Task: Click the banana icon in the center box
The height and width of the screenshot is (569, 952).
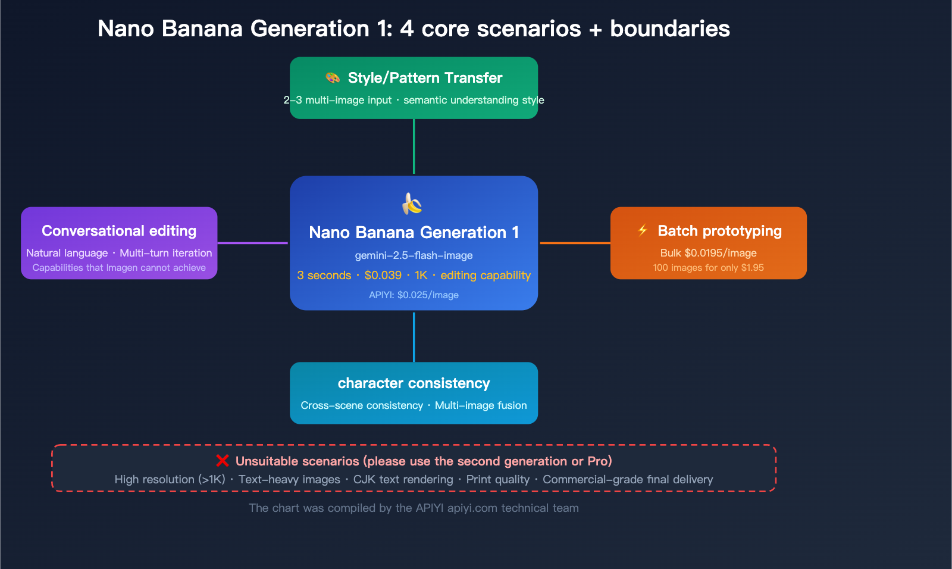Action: [412, 204]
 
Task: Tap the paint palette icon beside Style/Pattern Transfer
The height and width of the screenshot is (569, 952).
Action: [333, 78]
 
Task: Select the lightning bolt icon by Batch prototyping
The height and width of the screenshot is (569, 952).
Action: [643, 230]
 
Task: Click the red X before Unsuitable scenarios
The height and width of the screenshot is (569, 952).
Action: [223, 461]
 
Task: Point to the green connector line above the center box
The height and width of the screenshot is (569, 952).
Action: [414, 146]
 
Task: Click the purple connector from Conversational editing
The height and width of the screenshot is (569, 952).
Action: [253, 243]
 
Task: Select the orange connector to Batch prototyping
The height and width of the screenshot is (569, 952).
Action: [575, 243]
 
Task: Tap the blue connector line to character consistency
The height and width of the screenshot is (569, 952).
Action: [414, 336]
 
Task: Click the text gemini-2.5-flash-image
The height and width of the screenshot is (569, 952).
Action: [414, 255]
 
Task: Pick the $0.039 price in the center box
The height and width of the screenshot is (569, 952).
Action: [383, 276]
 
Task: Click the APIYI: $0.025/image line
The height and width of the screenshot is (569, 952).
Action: [414, 295]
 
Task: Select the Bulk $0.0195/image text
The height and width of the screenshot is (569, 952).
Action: [708, 253]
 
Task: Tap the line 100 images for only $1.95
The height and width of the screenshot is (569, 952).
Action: [708, 268]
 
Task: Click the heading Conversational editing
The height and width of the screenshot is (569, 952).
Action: [119, 231]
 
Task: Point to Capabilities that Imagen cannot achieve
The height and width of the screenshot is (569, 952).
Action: [119, 268]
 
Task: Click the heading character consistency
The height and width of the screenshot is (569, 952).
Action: [414, 383]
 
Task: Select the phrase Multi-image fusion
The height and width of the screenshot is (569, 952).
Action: [481, 405]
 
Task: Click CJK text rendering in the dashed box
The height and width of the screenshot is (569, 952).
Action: [403, 480]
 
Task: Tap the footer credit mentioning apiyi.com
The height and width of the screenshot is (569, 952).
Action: [414, 508]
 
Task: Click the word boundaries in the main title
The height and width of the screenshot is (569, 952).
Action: [669, 29]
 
